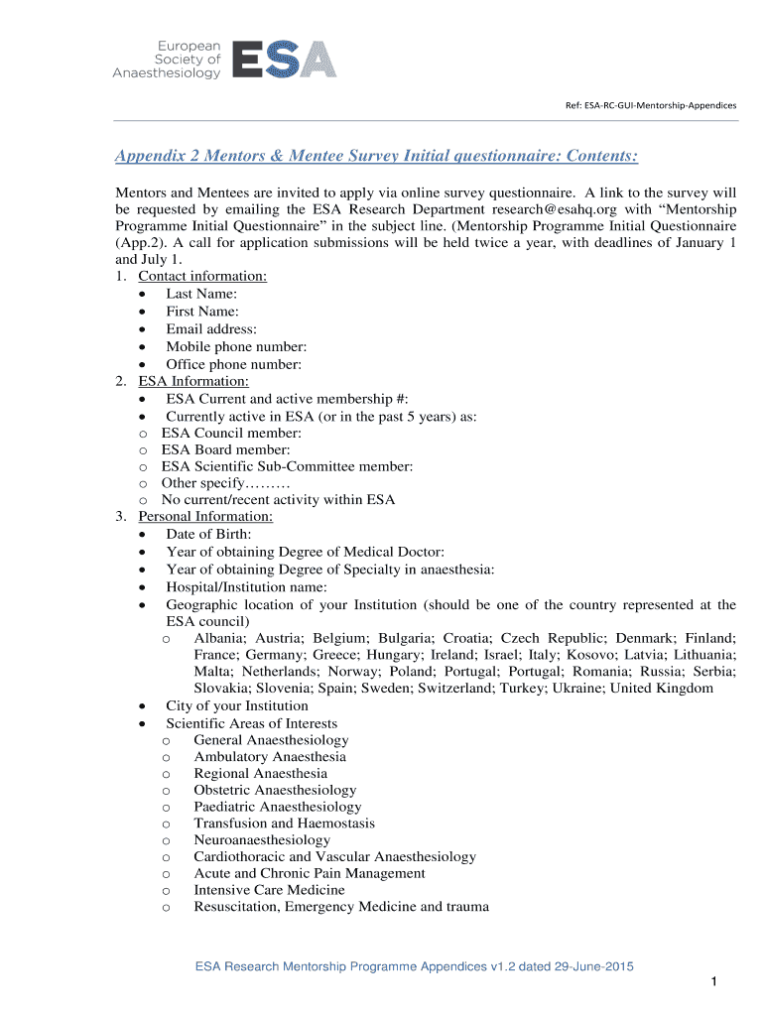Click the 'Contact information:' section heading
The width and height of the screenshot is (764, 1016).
tap(201, 277)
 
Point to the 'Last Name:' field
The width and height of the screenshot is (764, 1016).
tap(201, 294)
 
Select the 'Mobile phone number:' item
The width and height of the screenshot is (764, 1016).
tap(236, 346)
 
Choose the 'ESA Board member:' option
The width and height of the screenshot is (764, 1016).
tap(226, 449)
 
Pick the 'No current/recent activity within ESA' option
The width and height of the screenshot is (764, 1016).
tap(278, 500)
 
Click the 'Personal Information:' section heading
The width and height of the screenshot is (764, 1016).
tap(204, 517)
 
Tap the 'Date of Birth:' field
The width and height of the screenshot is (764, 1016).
tap(208, 535)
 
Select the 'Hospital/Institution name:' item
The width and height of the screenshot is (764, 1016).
tap(246, 586)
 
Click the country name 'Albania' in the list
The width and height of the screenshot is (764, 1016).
tap(220, 638)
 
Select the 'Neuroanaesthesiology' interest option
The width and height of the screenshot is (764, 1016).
tap(262, 840)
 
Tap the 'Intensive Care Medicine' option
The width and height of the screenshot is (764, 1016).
tap(269, 890)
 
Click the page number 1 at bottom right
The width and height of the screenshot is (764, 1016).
tap(713, 982)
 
